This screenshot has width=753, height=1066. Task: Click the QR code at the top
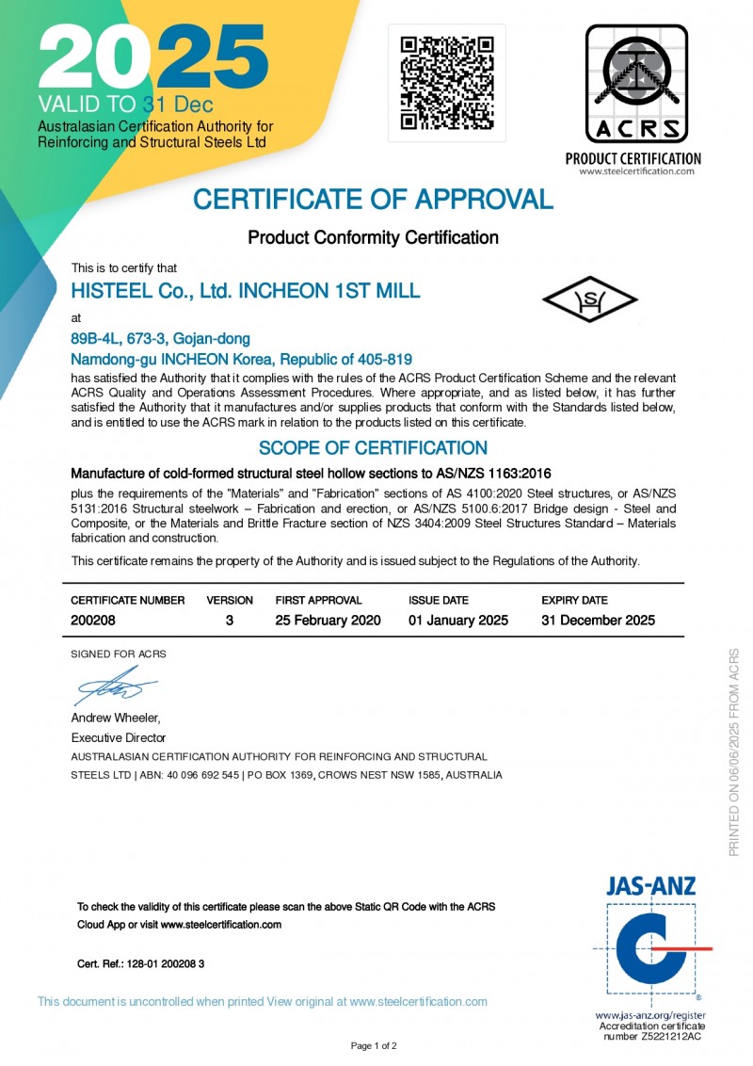pos(447,83)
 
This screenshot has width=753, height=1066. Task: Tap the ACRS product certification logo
pos(637,85)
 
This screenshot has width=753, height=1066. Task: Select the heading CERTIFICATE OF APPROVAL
pos(373,200)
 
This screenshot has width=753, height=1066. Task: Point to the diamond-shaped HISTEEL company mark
pos(590,299)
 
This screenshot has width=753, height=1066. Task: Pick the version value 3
pos(230,621)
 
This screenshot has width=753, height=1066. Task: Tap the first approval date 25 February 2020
pos(328,621)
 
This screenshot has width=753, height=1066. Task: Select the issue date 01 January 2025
pos(458,621)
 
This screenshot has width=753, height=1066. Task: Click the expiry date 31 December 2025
pos(598,621)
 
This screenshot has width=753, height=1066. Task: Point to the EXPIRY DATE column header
pos(574,600)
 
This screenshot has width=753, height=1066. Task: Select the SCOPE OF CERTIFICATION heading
pos(373,448)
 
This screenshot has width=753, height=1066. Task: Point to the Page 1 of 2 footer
pos(374,1045)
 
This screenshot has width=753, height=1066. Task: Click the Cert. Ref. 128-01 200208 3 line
pos(140,964)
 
